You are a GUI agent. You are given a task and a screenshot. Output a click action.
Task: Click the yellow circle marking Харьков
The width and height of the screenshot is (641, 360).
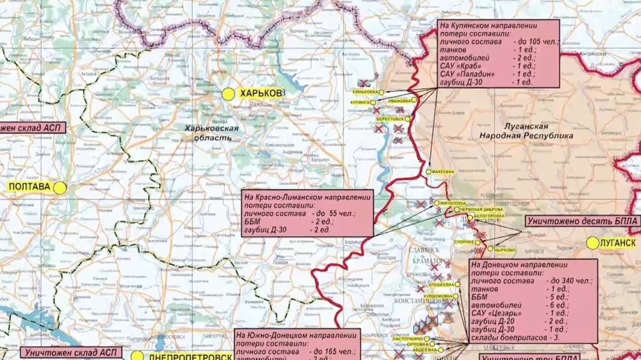228,94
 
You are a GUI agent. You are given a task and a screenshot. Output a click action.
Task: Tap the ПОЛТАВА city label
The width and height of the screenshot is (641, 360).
29,187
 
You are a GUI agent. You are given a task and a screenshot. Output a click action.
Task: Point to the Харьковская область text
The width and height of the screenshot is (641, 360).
211,133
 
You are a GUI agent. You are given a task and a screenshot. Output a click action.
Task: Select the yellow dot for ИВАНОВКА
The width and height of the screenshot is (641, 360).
414,101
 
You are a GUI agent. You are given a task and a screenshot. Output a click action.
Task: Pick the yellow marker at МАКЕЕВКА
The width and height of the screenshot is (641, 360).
428,172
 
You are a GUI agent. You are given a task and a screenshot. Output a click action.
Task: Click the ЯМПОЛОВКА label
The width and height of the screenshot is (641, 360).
449,203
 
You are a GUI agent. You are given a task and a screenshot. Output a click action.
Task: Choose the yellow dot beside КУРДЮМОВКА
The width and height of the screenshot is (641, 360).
456,295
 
